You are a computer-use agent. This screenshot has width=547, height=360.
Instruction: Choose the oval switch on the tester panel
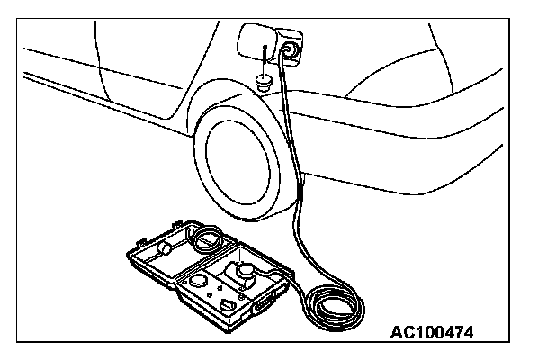tap(230, 306)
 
